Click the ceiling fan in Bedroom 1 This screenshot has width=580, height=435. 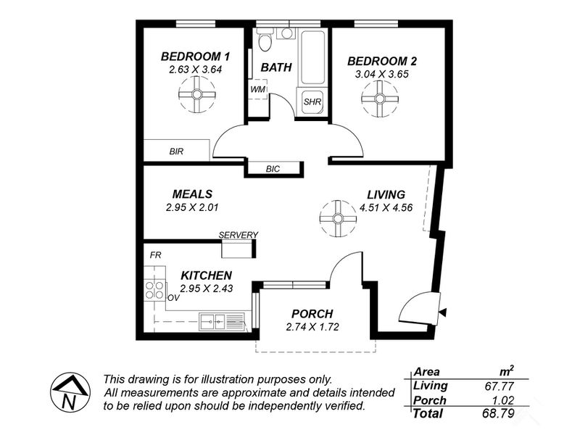pos(196,94)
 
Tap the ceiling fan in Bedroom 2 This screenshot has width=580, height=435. pos(380,99)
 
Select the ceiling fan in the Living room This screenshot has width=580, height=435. pos(338,219)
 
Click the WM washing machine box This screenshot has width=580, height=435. pos(258,89)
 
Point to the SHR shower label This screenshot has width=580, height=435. pos(312,101)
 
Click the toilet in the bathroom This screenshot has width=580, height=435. pos(265,41)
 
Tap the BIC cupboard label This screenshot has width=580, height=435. pos(273,169)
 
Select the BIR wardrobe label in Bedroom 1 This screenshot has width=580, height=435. pos(176,152)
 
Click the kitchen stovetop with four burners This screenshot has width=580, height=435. pos(154,290)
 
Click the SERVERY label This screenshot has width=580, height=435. pos(239,235)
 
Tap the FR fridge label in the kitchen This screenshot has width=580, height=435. pos(156,255)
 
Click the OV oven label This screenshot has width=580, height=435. pos(173,298)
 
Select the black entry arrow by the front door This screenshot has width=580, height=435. pos(442,312)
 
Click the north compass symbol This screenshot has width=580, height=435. pos(70,391)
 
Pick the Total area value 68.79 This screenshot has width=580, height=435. pos(498,413)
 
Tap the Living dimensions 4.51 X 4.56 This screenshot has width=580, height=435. pos(386,207)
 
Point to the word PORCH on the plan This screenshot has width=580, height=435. pos(312,314)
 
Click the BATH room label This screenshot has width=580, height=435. pos(276,67)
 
